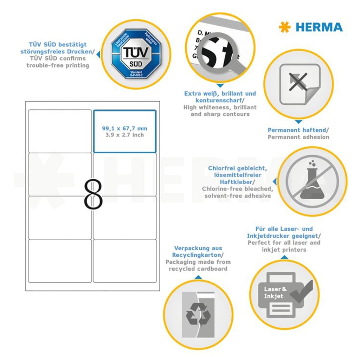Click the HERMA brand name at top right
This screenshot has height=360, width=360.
click(319, 27)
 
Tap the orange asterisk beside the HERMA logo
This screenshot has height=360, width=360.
click(284, 27)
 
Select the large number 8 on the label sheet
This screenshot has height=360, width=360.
click(93, 196)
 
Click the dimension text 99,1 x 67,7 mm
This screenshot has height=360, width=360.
click(124, 128)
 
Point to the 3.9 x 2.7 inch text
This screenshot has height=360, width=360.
click(124, 135)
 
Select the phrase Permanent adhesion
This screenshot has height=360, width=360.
click(298, 137)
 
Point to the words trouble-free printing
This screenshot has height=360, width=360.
click(58, 65)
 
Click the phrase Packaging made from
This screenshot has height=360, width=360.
click(198, 262)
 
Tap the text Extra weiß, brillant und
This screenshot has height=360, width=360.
click(220, 94)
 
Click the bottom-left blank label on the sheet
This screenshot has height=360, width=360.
click(60, 261)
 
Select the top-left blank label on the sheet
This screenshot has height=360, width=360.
click(60, 131)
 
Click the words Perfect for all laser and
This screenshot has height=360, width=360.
click(284, 243)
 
